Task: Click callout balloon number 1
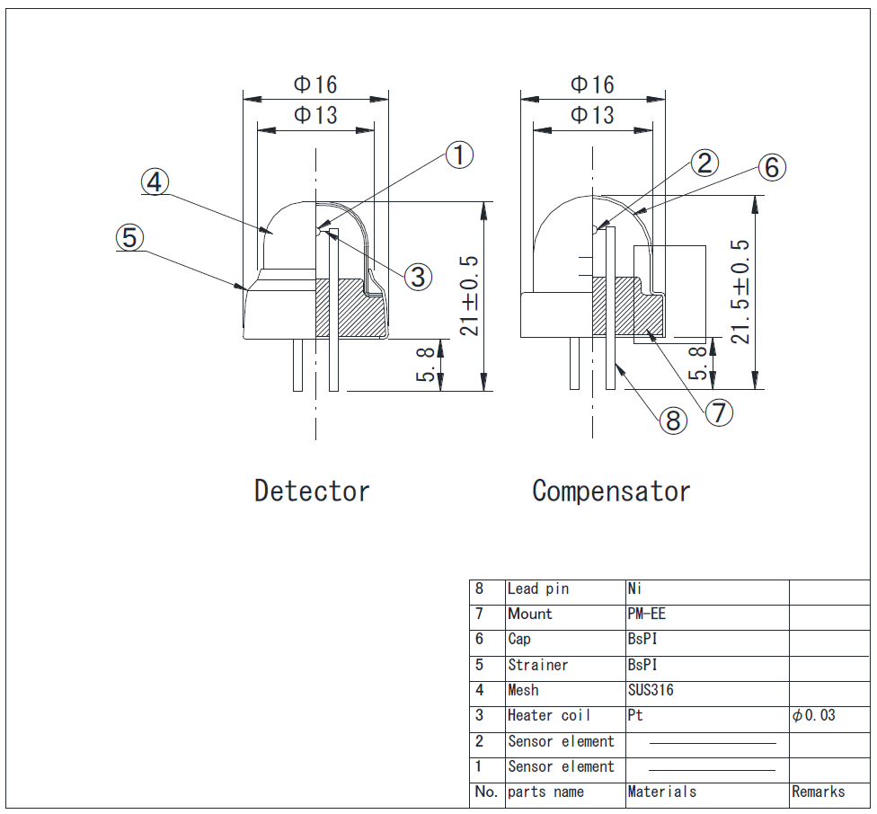[x=459, y=155]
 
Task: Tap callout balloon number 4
[x=155, y=182]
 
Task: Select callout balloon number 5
[x=129, y=238]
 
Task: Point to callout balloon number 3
[x=418, y=277]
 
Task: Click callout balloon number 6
[x=771, y=167]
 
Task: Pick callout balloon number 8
[x=673, y=420]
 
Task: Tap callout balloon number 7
[x=719, y=412]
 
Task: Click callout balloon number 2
[x=704, y=163]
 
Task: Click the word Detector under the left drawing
[x=312, y=491]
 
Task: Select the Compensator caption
[x=611, y=491]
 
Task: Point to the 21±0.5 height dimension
[x=469, y=296]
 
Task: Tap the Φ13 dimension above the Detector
[x=316, y=115]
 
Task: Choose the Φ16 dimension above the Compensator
[x=593, y=84]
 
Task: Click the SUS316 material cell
[x=651, y=690]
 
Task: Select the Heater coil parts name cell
[x=549, y=715]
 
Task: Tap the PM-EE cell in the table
[x=647, y=615]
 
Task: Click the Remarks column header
[x=818, y=792]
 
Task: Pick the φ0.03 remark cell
[x=814, y=715]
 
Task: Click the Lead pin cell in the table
[x=538, y=589]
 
